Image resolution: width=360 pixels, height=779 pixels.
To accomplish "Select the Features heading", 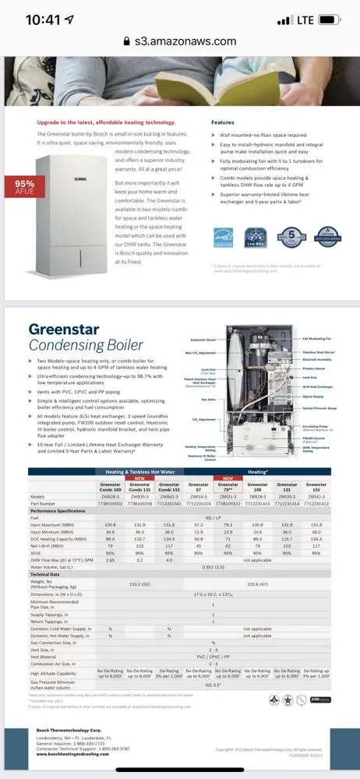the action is point(222,122).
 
